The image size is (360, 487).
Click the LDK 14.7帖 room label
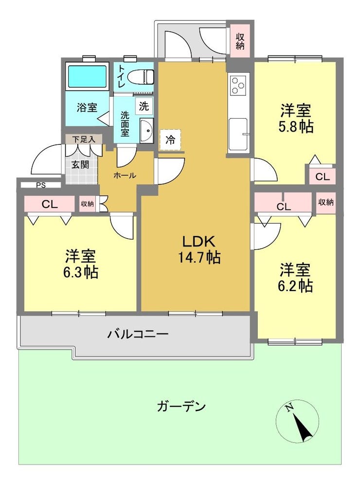[199, 249]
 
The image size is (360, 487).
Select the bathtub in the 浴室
[87, 76]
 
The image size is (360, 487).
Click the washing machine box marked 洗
[144, 106]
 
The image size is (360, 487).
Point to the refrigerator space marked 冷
[170, 140]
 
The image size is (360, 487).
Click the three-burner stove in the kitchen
[238, 85]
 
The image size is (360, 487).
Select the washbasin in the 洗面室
[146, 130]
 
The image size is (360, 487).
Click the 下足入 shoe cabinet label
[83, 139]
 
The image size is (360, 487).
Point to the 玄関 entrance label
[80, 164]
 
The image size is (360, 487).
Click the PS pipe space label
[41, 186]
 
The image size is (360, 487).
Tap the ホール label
[125, 175]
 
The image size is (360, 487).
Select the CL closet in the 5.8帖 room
[323, 176]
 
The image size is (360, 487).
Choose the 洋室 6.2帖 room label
[295, 278]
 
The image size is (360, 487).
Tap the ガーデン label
[181, 406]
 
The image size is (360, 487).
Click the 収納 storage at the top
[240, 41]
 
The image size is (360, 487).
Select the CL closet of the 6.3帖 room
[50, 204]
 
